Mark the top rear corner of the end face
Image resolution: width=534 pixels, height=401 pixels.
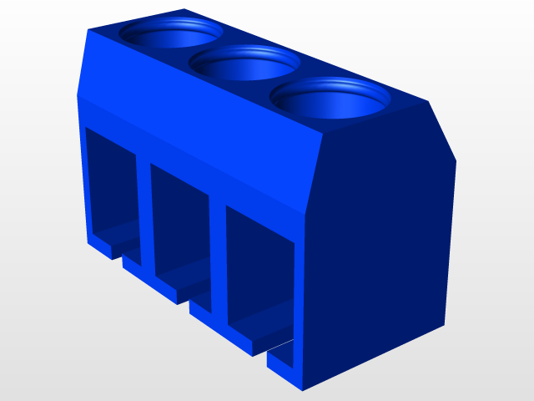pyautogui.click(x=428, y=102)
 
